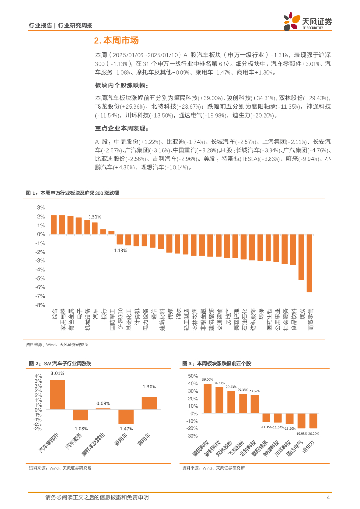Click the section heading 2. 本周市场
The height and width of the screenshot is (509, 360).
coord(116,41)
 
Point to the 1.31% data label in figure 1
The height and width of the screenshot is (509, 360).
coord(95,217)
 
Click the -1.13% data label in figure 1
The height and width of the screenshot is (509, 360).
coord(119,250)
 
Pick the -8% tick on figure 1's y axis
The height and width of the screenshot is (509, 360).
coord(40,305)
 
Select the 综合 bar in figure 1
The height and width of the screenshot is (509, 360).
coord(54,225)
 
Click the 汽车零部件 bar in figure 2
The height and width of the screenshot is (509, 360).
coord(57,394)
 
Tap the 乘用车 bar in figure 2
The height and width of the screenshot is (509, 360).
coord(126,416)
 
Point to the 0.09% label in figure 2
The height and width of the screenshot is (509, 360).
coord(103,403)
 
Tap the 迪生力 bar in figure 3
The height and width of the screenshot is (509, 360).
coord(313,421)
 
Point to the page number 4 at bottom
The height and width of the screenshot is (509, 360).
coord(328,497)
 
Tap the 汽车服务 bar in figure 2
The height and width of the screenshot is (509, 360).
coord(80,415)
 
